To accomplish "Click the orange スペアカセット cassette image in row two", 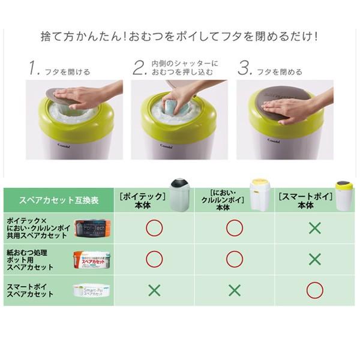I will [92, 259].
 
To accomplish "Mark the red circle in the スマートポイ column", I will [315, 290].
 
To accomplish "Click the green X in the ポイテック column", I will [154, 290].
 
